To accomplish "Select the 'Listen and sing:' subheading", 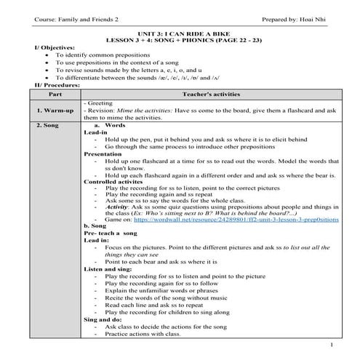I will point(109,268).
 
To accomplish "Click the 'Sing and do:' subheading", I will point(104,319).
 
